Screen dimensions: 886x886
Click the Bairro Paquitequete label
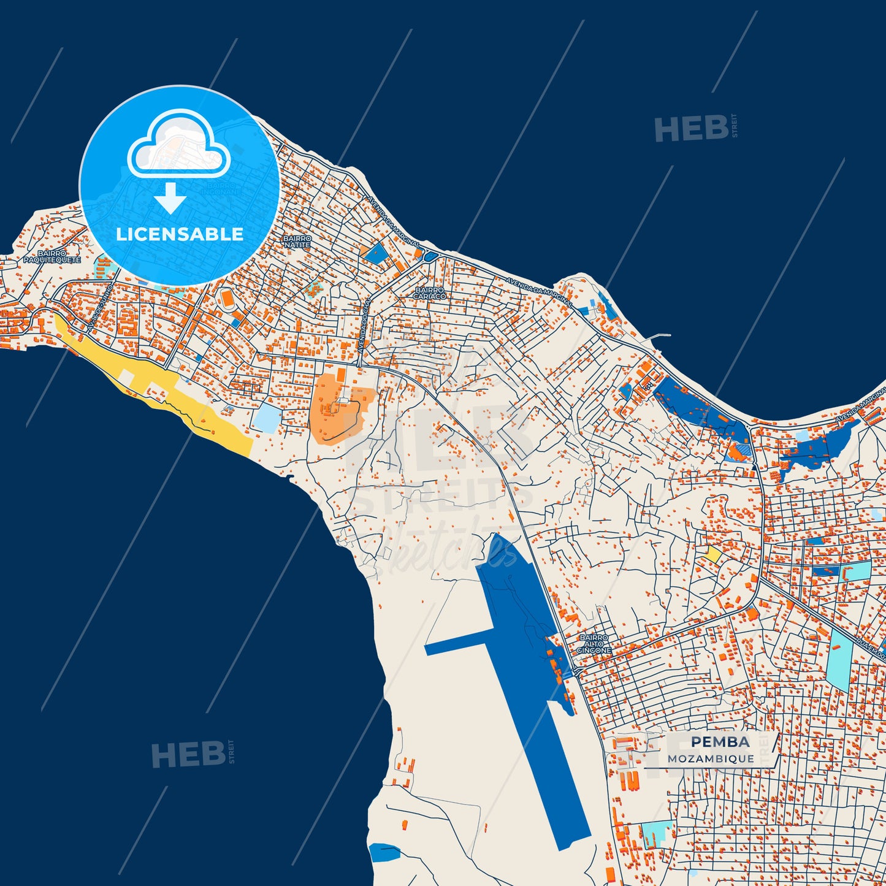coord(52,256)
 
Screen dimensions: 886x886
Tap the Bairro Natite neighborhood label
coord(297,242)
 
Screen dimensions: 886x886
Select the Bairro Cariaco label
coord(429,293)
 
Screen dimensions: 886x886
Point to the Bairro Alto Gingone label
coord(594,644)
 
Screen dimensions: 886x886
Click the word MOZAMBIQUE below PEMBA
coord(711,758)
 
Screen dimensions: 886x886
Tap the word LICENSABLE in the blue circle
coord(180,234)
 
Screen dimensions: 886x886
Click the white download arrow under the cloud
coord(170,198)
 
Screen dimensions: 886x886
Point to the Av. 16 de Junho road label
coord(100,308)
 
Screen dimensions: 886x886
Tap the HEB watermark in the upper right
coord(692,129)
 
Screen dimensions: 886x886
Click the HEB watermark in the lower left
coord(188,754)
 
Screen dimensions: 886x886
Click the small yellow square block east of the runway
coord(712,554)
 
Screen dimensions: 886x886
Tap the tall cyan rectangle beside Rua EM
coord(838,656)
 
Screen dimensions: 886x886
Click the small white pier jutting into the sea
coord(659,336)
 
